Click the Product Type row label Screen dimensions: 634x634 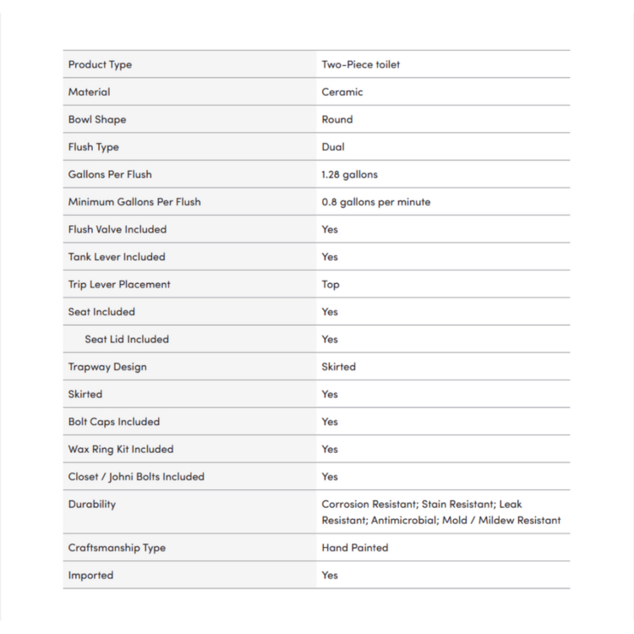(100, 64)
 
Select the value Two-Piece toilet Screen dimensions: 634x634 (360, 64)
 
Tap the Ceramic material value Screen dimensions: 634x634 (342, 92)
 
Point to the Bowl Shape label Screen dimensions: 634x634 (96, 119)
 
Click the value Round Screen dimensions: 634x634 (337, 119)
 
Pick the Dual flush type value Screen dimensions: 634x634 (333, 147)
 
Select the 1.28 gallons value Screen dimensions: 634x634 (349, 174)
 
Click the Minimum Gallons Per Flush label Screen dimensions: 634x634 (134, 202)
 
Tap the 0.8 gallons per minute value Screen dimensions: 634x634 (375, 202)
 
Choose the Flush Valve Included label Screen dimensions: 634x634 (118, 229)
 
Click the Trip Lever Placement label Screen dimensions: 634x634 (119, 284)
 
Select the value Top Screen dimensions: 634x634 (331, 284)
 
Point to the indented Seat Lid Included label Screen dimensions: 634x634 (127, 339)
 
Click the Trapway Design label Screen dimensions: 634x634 (107, 367)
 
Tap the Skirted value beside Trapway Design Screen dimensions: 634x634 (338, 367)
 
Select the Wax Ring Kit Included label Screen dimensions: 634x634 (120, 449)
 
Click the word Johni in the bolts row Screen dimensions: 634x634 (127, 477)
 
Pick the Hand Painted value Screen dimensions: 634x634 (355, 548)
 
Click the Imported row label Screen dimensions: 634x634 (90, 575)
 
